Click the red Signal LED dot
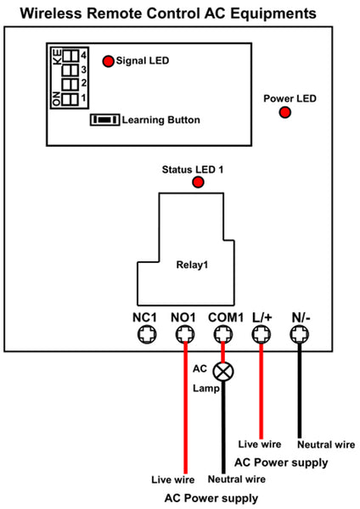(108, 61)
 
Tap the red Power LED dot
(285, 112)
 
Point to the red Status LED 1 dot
(198, 182)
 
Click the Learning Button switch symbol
(105, 120)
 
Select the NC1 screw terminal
(147, 334)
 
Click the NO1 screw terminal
(185, 334)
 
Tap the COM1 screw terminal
(223, 334)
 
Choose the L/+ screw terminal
(262, 334)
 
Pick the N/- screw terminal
(300, 334)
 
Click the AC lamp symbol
(223, 372)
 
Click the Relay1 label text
(192, 265)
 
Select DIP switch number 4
(70, 55)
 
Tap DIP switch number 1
(70, 98)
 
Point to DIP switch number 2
(70, 84)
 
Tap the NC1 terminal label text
(144, 317)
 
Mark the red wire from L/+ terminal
(262, 390)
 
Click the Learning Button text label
(160, 120)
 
